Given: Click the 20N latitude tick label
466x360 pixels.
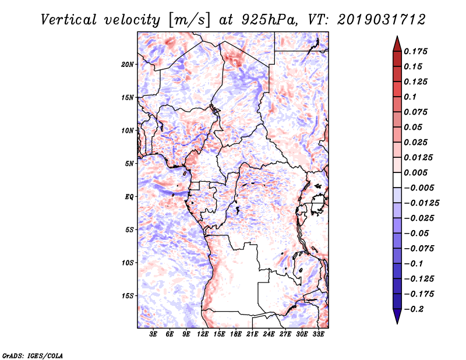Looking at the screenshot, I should click(x=128, y=64).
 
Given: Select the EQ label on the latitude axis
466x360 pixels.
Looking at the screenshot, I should click(x=129, y=197).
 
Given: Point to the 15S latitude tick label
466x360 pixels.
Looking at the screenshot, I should click(x=128, y=296).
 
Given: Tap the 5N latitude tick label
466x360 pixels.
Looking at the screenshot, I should click(x=129, y=164).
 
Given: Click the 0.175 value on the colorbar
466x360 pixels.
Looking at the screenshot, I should click(x=417, y=52).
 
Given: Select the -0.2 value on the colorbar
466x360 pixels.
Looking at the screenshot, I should click(x=416, y=309).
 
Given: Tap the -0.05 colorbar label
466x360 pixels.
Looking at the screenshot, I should click(x=417, y=233).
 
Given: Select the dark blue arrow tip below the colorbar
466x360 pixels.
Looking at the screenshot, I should click(x=397, y=318).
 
